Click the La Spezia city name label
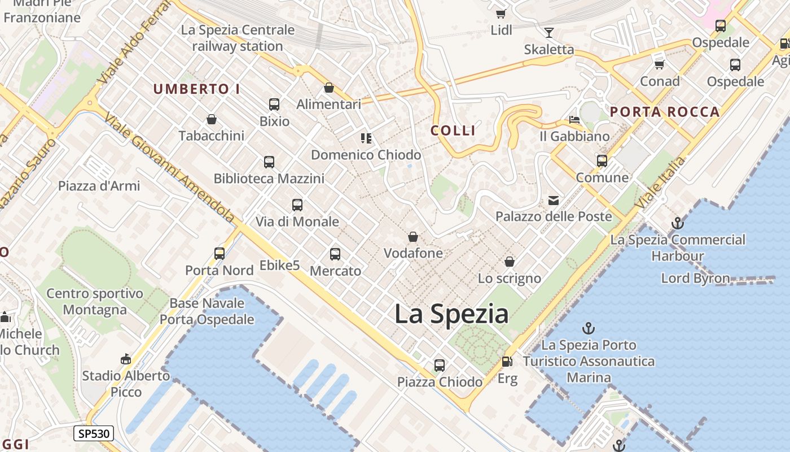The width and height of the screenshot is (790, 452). (451, 314)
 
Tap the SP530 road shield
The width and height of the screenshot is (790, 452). (94, 434)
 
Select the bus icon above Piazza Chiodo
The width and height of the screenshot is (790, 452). (440, 366)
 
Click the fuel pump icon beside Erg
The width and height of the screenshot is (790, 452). (507, 361)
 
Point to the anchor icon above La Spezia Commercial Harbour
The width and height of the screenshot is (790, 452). (677, 223)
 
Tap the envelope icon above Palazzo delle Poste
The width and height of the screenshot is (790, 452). (554, 200)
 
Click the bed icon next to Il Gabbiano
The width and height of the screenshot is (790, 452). (574, 120)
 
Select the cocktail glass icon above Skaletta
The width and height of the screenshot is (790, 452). (548, 33)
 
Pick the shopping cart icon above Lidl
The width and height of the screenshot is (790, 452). (501, 14)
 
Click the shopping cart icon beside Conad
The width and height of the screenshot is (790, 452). (659, 64)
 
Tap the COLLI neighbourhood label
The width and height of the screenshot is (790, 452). (453, 131)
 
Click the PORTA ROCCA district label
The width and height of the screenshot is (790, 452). (665, 112)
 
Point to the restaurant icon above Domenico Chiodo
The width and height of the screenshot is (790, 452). (366, 138)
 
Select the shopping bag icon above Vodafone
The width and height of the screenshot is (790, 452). (413, 237)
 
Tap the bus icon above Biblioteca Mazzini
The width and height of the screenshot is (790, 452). (269, 162)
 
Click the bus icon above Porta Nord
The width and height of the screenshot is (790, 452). (220, 254)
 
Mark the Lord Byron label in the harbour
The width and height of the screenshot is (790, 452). (695, 279)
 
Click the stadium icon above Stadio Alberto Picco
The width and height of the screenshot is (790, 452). (125, 359)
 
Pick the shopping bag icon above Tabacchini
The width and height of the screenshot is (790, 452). (211, 119)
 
